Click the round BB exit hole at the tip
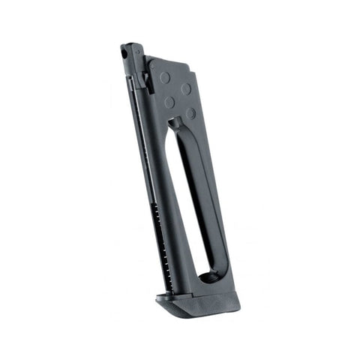[124, 53]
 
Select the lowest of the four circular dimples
[191, 114]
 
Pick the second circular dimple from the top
[185, 88]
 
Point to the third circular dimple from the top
[169, 100]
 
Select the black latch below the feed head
[147, 82]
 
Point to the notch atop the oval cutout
[175, 120]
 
